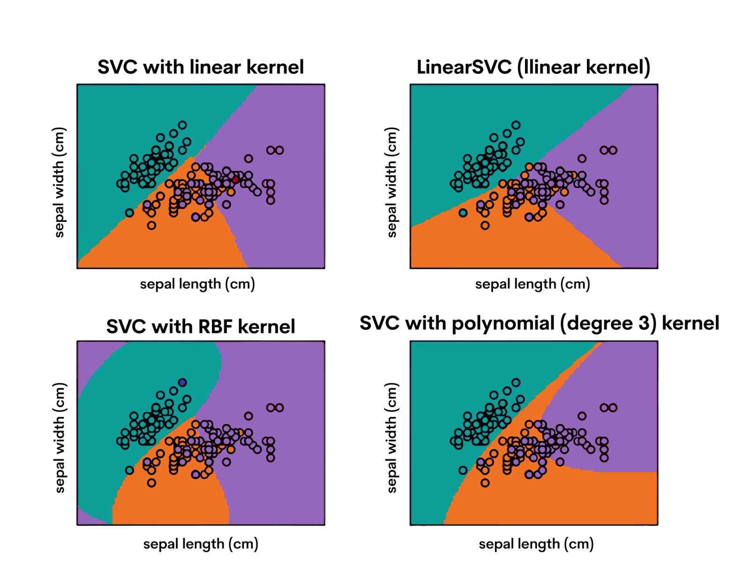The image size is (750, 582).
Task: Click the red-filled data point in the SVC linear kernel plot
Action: point(235,179)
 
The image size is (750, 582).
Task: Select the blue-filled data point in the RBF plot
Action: point(182,383)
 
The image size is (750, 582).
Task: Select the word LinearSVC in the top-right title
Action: point(464,67)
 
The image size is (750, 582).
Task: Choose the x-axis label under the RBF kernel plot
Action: point(201,544)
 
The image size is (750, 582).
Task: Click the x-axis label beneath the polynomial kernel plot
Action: point(536,544)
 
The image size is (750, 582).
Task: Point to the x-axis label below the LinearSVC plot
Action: point(532,284)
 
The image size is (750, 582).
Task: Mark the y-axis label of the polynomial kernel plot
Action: point(392,438)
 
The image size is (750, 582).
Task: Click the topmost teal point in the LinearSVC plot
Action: point(516,125)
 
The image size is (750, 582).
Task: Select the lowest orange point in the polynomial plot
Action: point(485,483)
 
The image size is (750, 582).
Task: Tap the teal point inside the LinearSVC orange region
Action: point(463,213)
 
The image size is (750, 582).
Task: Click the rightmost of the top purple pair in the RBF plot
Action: point(279,408)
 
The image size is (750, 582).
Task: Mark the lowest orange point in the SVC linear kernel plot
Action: point(151,226)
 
